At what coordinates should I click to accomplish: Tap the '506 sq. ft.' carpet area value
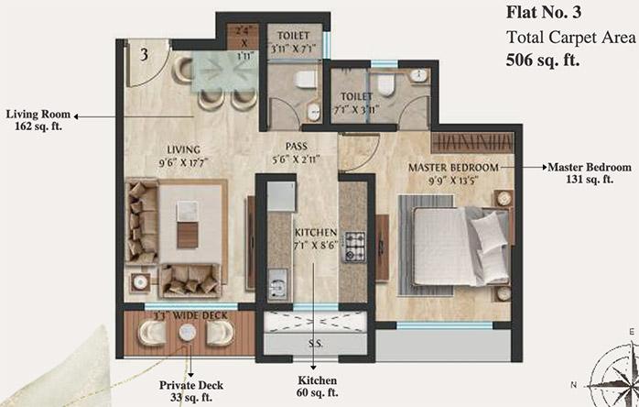(544, 61)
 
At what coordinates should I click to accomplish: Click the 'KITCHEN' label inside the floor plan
(316, 232)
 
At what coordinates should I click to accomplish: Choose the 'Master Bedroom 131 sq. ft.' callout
(590, 173)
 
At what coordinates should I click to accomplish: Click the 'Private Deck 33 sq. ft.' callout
(191, 391)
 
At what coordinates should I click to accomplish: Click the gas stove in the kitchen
(354, 245)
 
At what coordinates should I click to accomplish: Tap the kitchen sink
(278, 279)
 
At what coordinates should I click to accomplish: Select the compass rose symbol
(608, 375)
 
